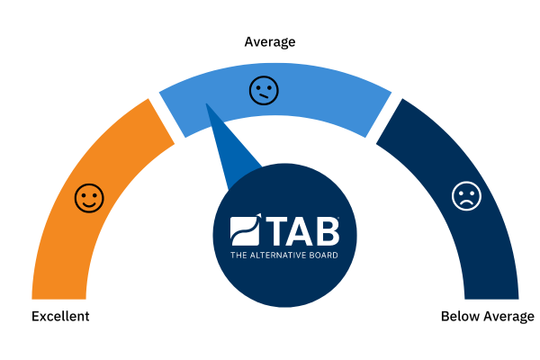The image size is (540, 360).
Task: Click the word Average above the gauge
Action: pos(270,42)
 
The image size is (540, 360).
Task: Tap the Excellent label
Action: pos(60,316)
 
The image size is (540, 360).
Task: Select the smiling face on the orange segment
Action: pos(89,198)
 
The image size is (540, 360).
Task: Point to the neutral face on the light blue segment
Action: pos(264,91)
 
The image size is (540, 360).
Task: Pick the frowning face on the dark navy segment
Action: pos(466,195)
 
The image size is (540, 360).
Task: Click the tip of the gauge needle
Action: pos(206,103)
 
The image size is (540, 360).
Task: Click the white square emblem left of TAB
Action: pos(245,230)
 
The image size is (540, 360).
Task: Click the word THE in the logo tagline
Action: pos(238,256)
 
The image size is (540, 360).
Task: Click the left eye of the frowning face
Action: pos(462,192)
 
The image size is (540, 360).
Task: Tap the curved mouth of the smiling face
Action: pos(89,204)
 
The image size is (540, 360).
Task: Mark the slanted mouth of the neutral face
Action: pos(264,96)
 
